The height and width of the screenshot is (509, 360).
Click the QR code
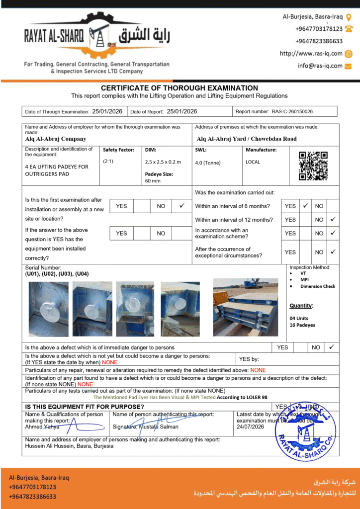(313, 166)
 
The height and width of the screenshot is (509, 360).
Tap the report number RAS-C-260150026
(292, 112)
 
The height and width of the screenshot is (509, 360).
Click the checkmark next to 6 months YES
(305, 205)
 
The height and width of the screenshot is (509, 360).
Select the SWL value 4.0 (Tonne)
(207, 163)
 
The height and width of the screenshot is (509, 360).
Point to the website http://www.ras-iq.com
(311, 54)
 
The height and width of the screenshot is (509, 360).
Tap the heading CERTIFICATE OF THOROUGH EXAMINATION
(180, 88)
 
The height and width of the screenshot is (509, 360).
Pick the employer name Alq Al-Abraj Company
(56, 139)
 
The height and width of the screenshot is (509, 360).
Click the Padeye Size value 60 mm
(153, 181)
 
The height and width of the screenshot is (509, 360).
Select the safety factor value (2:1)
(108, 162)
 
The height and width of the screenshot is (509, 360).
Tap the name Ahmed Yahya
(42, 426)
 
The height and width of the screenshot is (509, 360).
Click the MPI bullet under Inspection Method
(305, 280)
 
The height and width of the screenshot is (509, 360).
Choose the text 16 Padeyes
(302, 325)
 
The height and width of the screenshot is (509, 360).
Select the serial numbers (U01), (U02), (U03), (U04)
(57, 274)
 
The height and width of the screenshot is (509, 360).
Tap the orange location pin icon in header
(349, 17)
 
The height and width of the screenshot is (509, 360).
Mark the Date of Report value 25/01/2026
(182, 111)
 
